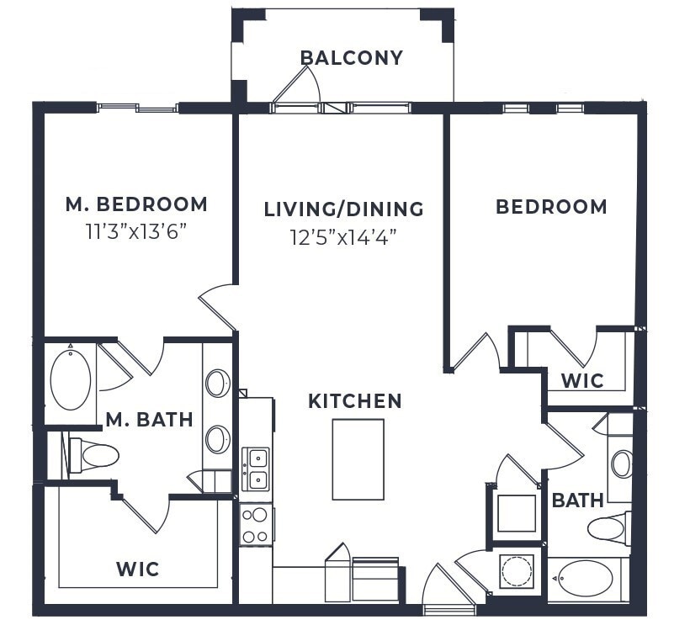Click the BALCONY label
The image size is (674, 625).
352,58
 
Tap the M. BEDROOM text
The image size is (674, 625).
136,204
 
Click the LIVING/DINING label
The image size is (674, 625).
343,209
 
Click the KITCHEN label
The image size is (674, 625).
355,401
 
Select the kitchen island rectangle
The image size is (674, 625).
358,459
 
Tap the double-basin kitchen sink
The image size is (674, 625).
256,469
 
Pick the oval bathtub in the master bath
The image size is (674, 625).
71,380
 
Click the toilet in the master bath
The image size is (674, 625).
95,456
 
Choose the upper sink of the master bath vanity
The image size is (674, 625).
217,384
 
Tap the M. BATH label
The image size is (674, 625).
150,419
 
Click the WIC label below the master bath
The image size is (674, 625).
137,569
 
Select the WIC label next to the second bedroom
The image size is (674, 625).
582,380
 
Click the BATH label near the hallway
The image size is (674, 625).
577,501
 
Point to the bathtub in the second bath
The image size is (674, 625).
586,579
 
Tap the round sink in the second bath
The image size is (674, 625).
622,463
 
